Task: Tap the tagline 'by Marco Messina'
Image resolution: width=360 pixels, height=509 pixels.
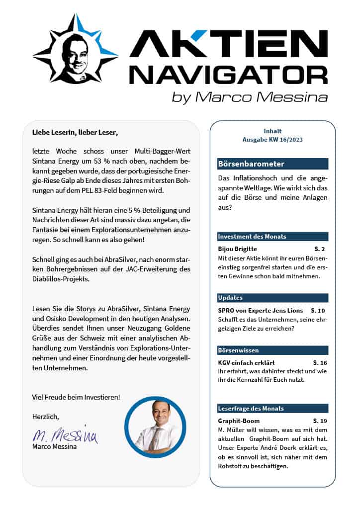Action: point(250,97)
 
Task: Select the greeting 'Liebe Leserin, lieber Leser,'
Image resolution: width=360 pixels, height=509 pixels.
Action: point(76,133)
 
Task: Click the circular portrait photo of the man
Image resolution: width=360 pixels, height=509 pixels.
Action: point(155,426)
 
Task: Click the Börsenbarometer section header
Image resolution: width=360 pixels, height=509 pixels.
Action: point(272,164)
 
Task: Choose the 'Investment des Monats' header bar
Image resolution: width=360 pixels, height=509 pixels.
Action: point(272,237)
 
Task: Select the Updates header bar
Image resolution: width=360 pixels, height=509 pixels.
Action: point(272,298)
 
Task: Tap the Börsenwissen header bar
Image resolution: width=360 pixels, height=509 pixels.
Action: point(272,350)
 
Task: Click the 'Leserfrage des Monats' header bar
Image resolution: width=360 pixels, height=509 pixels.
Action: point(272,409)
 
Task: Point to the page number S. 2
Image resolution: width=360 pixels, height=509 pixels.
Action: point(319,248)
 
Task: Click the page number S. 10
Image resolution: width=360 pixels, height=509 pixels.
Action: point(318,310)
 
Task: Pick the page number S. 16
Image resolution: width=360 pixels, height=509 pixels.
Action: point(320,362)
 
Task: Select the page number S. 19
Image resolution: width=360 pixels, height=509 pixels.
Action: point(320,421)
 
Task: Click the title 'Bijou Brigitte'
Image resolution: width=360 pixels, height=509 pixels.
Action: point(237,248)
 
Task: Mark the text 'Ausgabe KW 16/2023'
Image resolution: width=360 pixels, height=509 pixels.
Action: point(272,140)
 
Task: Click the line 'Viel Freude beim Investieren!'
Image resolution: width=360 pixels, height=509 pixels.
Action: point(76,397)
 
